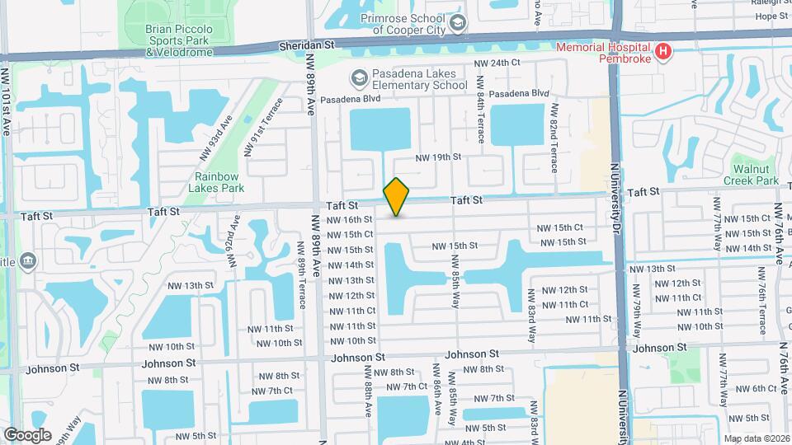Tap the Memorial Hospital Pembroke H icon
pyautogui.click(x=662, y=53)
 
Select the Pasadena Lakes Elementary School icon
pyautogui.click(x=358, y=78)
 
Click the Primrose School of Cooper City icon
pyautogui.click(x=459, y=21)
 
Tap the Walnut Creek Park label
pyautogui.click(x=751, y=174)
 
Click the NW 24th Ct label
pyautogui.click(x=497, y=63)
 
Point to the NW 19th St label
pyautogui.click(x=437, y=157)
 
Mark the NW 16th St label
pyautogui.click(x=350, y=219)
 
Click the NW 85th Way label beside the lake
pyautogui.click(x=454, y=279)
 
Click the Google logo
pyautogui.click(x=28, y=434)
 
